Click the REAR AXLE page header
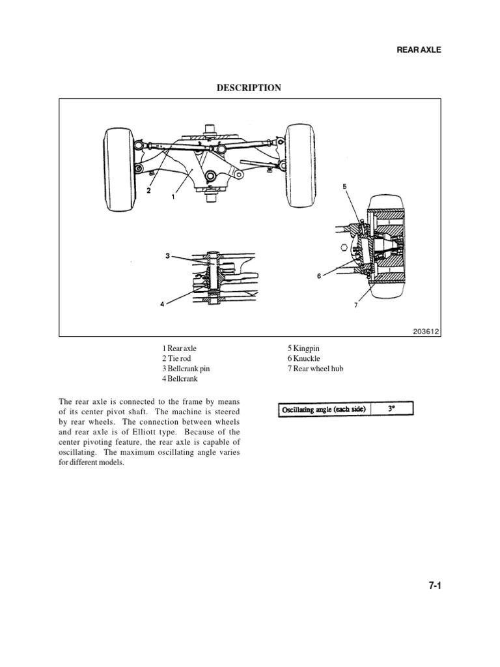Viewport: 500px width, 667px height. (x=419, y=50)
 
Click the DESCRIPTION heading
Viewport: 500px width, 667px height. (x=250, y=88)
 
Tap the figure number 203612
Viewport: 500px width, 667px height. (x=426, y=331)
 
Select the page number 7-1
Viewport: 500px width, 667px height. (x=434, y=586)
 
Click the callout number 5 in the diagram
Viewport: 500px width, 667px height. (x=344, y=187)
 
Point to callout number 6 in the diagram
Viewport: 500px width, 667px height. (x=319, y=276)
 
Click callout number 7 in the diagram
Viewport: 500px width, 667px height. (x=356, y=305)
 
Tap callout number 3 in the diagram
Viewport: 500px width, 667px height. (x=167, y=256)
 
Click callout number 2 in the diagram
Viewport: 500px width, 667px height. (x=149, y=191)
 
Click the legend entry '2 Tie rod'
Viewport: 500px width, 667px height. (x=177, y=359)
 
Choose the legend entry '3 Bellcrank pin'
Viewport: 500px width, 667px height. (x=186, y=369)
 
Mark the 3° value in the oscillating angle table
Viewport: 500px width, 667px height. (x=391, y=409)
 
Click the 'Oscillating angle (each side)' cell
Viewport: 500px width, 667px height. (x=324, y=410)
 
